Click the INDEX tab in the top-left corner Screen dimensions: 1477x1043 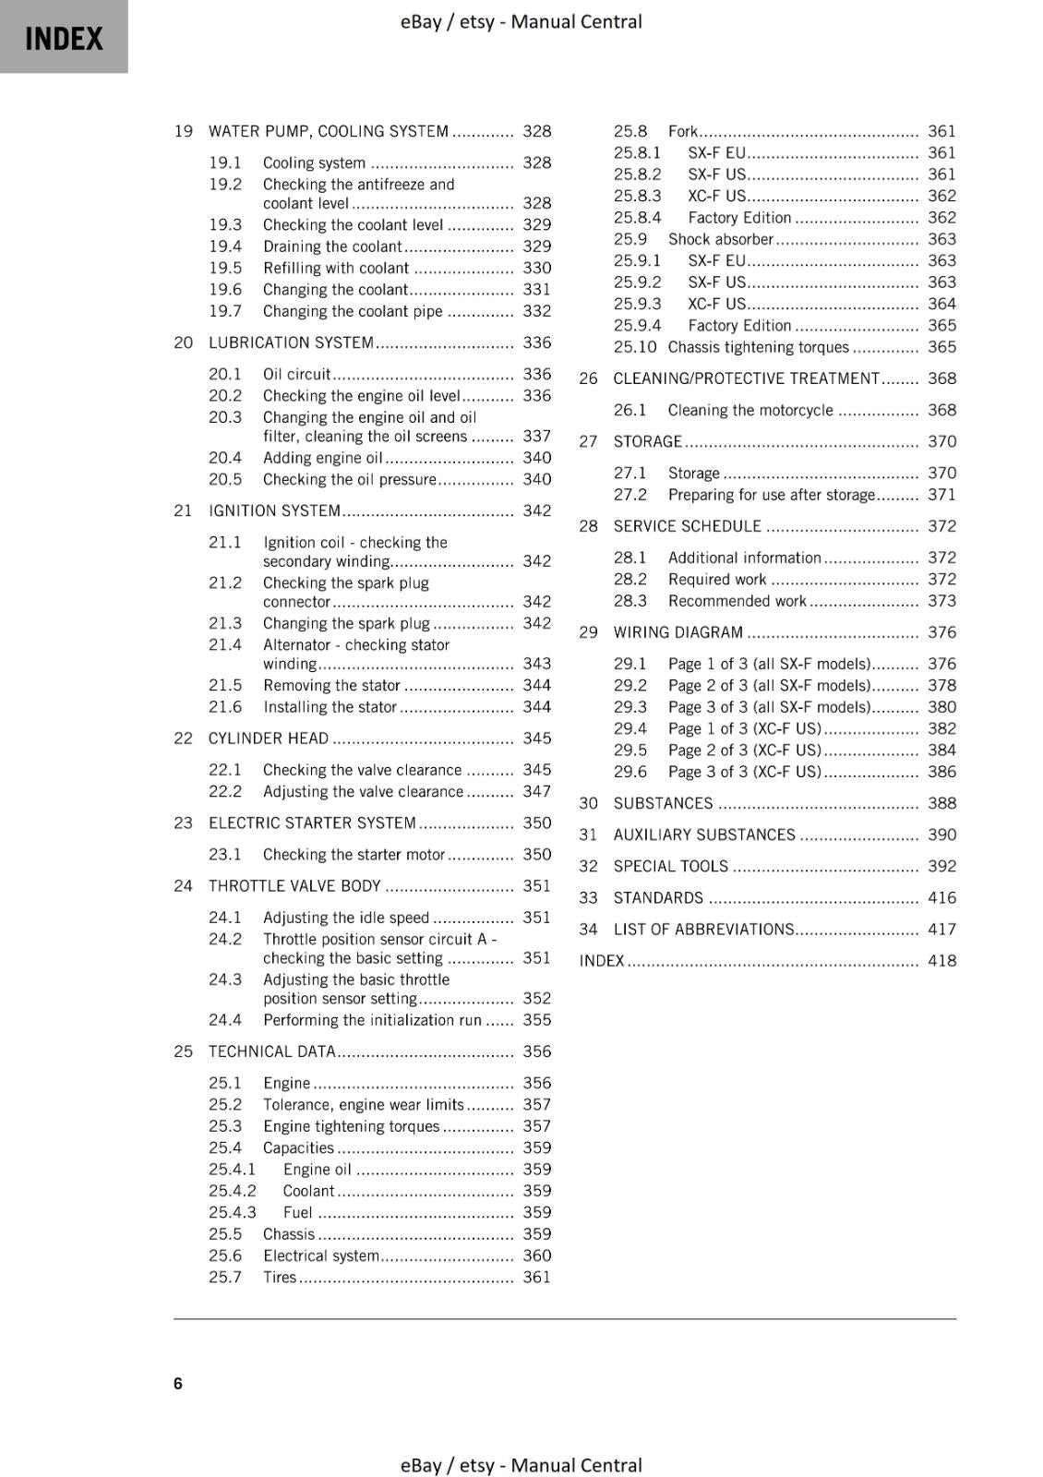click(x=64, y=38)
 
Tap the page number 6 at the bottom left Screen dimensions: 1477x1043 click(x=178, y=1383)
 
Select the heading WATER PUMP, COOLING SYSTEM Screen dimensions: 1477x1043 click(x=328, y=131)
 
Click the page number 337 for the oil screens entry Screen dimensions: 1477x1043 click(x=536, y=436)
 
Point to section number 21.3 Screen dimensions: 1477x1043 click(x=224, y=623)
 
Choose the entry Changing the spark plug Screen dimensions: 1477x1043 click(x=346, y=623)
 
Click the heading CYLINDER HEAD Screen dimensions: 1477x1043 click(x=268, y=738)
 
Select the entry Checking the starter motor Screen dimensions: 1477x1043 click(x=354, y=855)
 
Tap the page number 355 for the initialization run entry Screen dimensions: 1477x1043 click(x=536, y=1020)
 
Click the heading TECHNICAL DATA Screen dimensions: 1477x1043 click(x=271, y=1051)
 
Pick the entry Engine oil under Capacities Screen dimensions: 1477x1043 click(x=317, y=1170)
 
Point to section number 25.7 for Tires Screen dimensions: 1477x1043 click(x=224, y=1278)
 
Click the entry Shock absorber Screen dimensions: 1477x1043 click(x=720, y=239)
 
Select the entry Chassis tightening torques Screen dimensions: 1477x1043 click(x=758, y=347)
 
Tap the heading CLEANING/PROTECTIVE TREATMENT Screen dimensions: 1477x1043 click(x=746, y=378)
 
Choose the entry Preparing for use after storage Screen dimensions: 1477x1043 click(x=771, y=495)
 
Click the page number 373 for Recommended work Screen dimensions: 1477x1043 click(x=941, y=601)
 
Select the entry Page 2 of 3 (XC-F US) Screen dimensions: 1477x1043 click(x=744, y=751)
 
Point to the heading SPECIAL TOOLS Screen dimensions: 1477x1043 click(x=670, y=866)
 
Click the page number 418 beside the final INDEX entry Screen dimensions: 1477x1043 click(x=941, y=961)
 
